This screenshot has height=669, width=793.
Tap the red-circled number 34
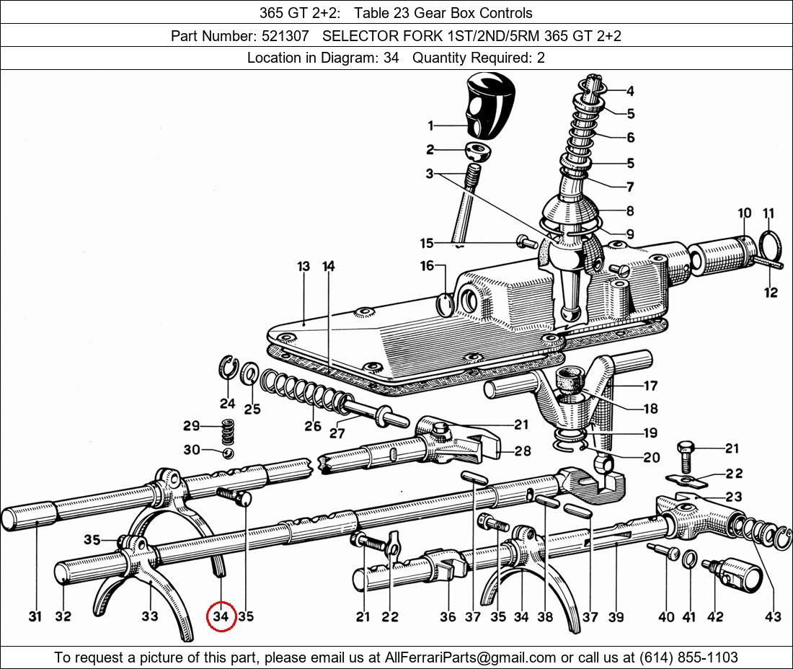click(x=221, y=617)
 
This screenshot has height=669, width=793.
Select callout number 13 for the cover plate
click(x=304, y=267)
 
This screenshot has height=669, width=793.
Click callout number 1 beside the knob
click(x=430, y=125)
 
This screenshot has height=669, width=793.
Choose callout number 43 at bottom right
click(x=773, y=616)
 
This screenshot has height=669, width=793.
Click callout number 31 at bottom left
click(x=35, y=616)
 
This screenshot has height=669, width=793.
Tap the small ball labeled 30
click(x=228, y=452)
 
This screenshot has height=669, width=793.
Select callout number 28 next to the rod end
click(x=522, y=451)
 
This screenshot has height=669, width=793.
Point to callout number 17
click(x=650, y=386)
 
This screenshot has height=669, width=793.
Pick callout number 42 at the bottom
click(x=714, y=616)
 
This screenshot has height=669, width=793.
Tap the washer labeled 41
click(x=688, y=559)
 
